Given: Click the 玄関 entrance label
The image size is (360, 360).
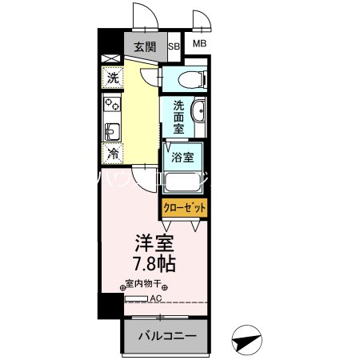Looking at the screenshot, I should click(x=145, y=46).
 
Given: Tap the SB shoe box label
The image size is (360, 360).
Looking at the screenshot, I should click(x=174, y=46).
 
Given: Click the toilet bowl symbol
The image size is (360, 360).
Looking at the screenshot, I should click(x=186, y=78).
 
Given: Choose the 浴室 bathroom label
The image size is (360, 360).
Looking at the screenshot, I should click(x=182, y=157).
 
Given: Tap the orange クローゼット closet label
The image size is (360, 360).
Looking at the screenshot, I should click(x=184, y=206).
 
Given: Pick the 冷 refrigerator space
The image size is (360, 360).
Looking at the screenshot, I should click(x=112, y=152).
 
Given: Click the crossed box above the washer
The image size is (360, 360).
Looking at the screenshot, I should click(x=110, y=58).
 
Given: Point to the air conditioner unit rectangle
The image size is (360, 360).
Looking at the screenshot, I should click(x=135, y=298).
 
